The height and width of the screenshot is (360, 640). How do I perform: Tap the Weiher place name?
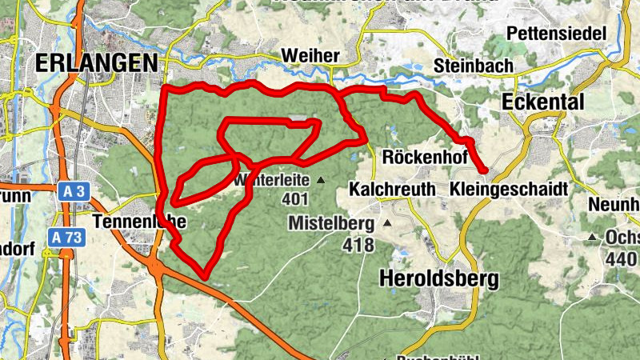pyautogui.click(x=311, y=56)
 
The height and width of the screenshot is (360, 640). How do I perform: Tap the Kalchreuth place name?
pyautogui.click(x=392, y=190)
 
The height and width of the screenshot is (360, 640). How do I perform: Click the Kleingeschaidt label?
pyautogui.click(x=509, y=190)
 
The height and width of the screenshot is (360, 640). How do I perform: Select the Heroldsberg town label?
pyautogui.click(x=438, y=278)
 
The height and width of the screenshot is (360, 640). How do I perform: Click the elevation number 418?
pyautogui.click(x=358, y=245)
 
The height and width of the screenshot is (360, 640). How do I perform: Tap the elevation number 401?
pyautogui.click(x=295, y=199)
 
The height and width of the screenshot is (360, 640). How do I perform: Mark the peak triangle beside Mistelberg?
pyautogui.click(x=387, y=222)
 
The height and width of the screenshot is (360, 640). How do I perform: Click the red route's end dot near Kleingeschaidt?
pyautogui.click(x=484, y=170)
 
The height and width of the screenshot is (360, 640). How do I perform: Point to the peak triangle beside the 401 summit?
pyautogui.click(x=321, y=180)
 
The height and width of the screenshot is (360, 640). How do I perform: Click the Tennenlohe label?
pyautogui.click(x=139, y=222)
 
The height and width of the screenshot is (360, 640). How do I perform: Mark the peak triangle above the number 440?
pyautogui.click(x=593, y=237)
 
